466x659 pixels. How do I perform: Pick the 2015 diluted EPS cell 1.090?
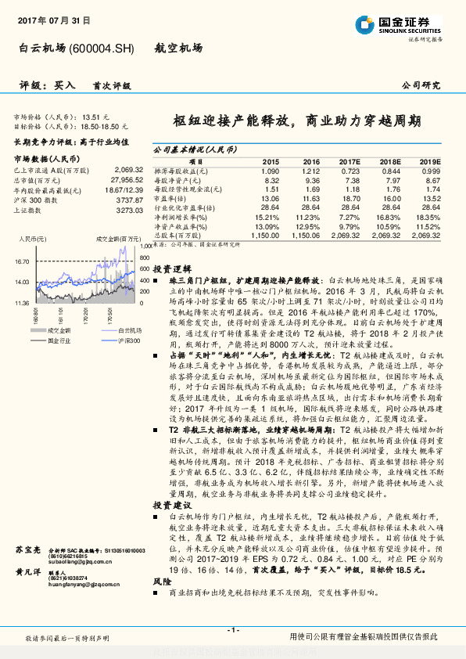pyautogui.click(x=269, y=171)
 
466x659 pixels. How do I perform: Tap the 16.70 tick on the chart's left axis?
pyautogui.click(x=21, y=263)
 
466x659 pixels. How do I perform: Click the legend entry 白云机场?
pyautogui.click(x=130, y=332)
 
